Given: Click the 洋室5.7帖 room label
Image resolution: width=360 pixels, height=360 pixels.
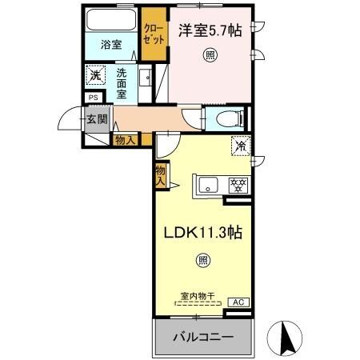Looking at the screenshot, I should tap(209, 30).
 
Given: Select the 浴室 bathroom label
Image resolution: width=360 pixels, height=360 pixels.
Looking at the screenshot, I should tap(111, 45).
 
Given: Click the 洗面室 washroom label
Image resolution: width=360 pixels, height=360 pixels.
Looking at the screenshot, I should tap(122, 83).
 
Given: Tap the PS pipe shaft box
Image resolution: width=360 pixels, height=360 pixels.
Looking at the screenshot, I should tap(93, 99).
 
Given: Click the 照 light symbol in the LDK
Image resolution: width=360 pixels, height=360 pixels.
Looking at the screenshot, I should tap(203, 260).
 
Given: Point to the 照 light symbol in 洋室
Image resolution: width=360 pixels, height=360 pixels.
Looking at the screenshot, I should tap(209, 55).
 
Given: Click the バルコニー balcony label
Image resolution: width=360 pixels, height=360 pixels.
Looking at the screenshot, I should tap(203, 337).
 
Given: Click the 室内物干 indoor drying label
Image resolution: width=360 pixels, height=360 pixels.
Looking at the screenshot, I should tap(196, 296).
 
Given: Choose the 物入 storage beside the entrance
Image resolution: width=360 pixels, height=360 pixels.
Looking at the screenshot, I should tap(126, 140).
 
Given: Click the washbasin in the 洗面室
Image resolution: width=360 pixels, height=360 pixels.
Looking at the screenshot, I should tap(147, 78).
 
